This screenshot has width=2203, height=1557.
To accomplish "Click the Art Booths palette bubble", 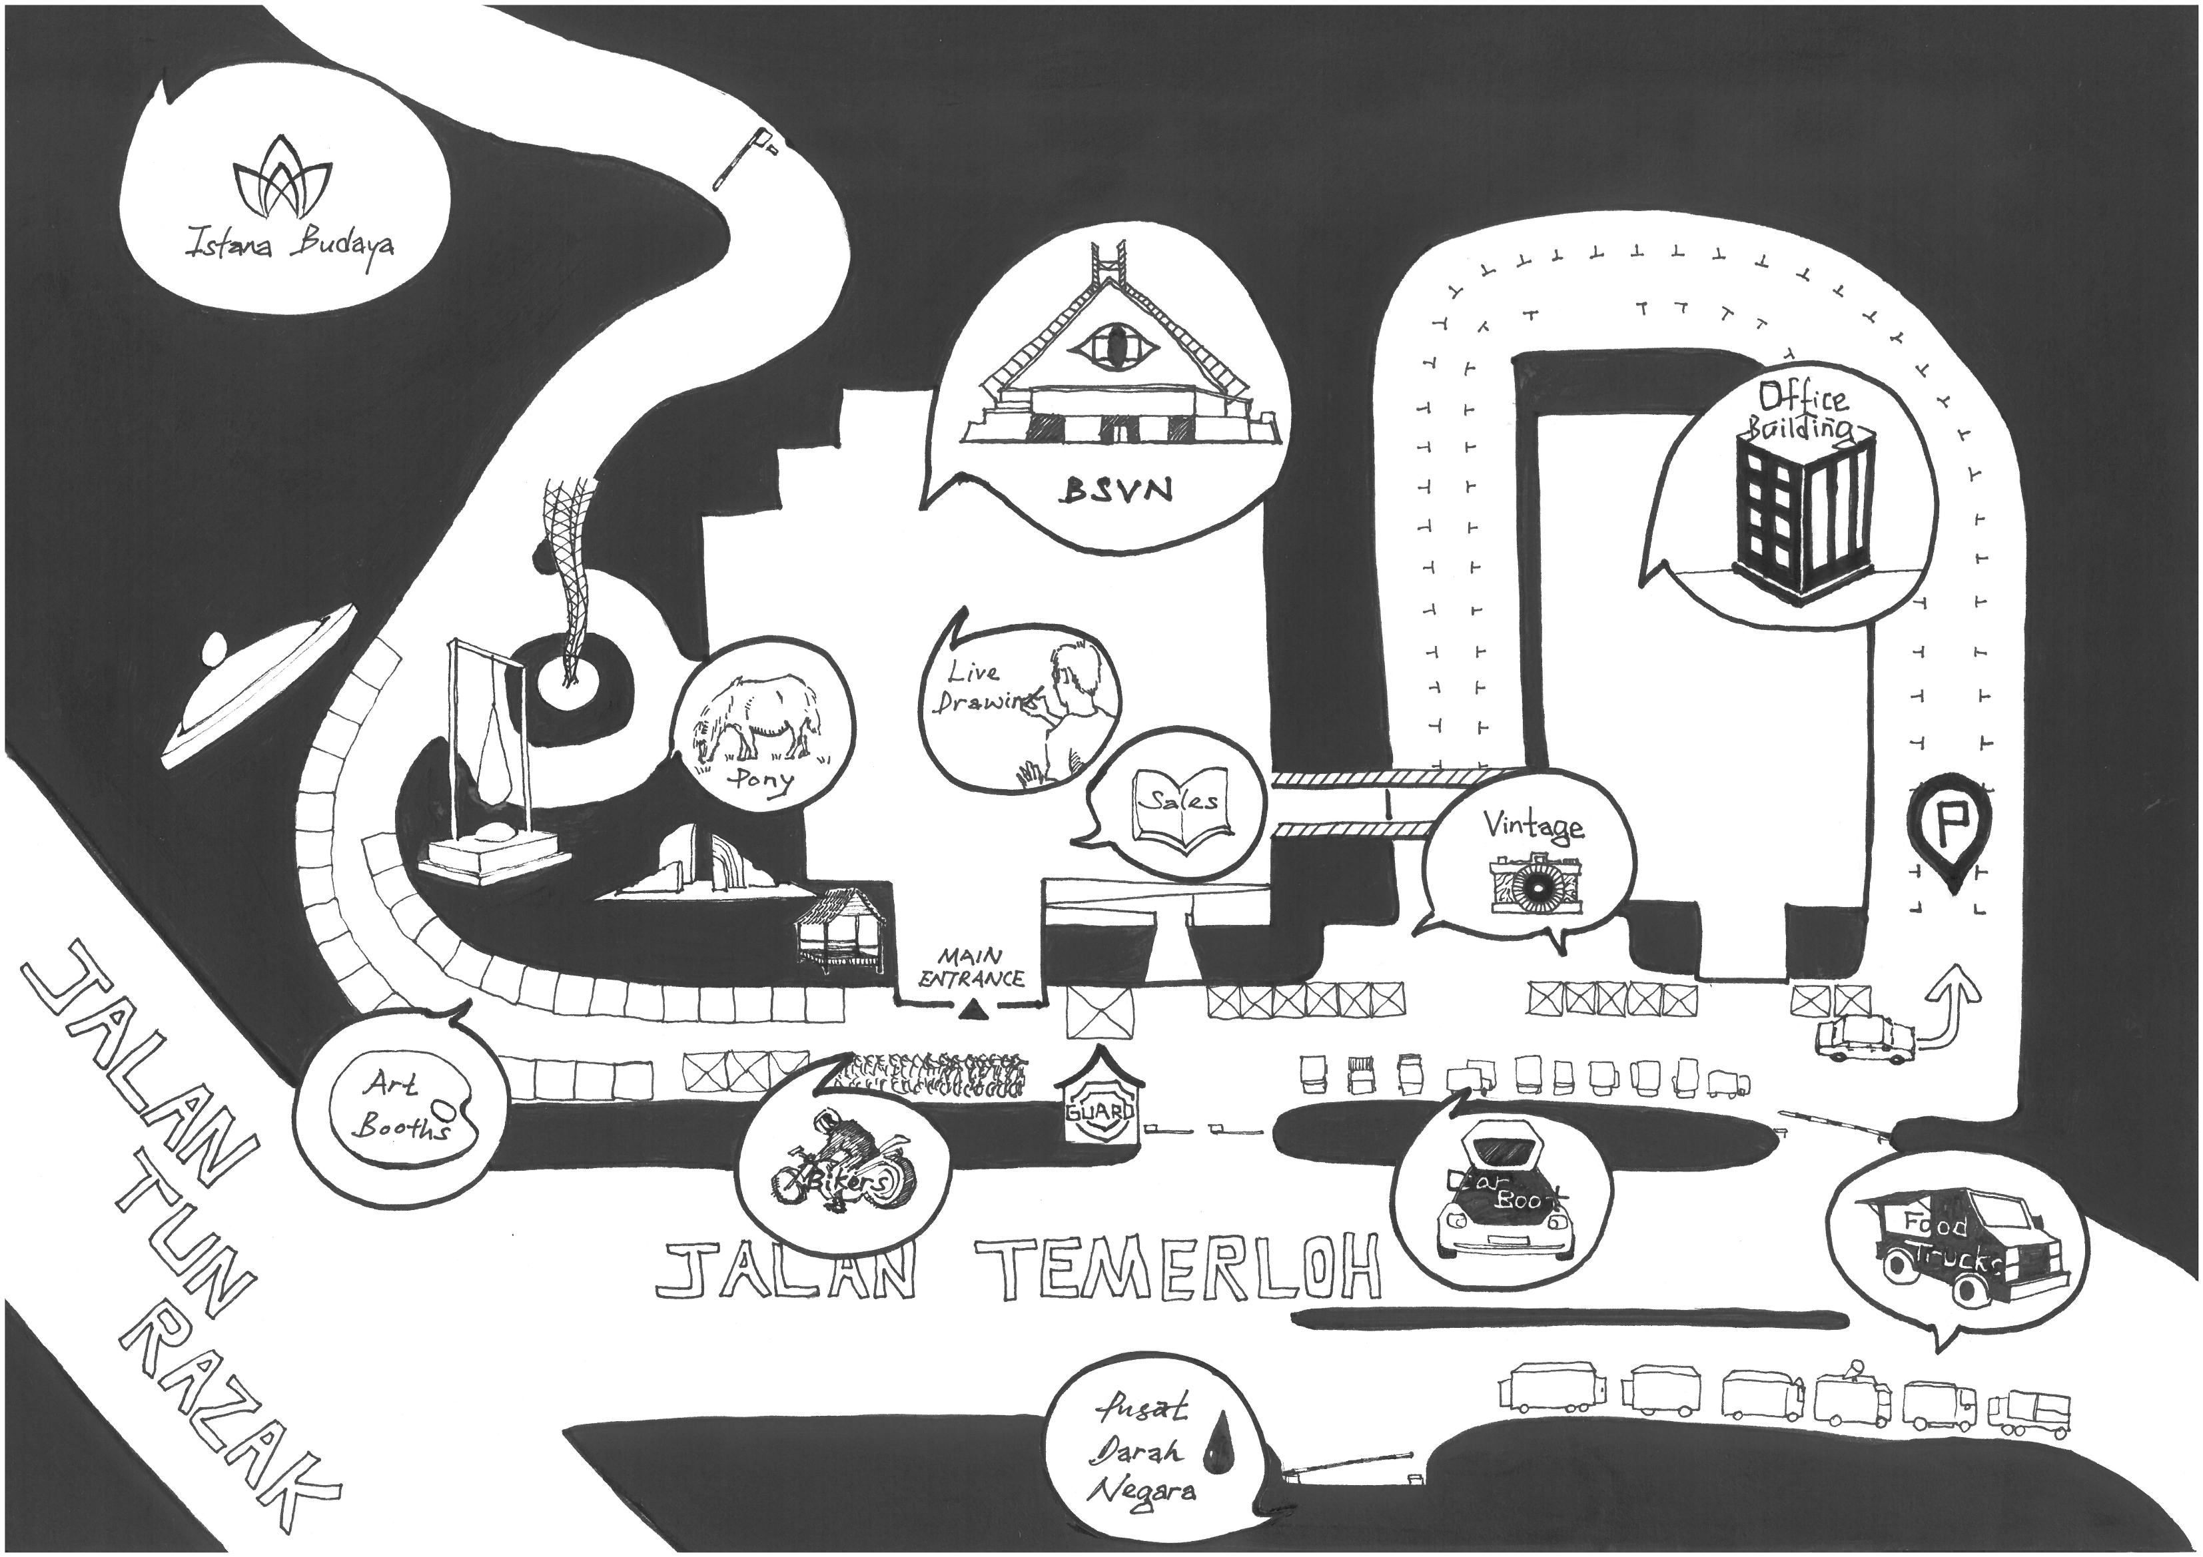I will pos(400,1103).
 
